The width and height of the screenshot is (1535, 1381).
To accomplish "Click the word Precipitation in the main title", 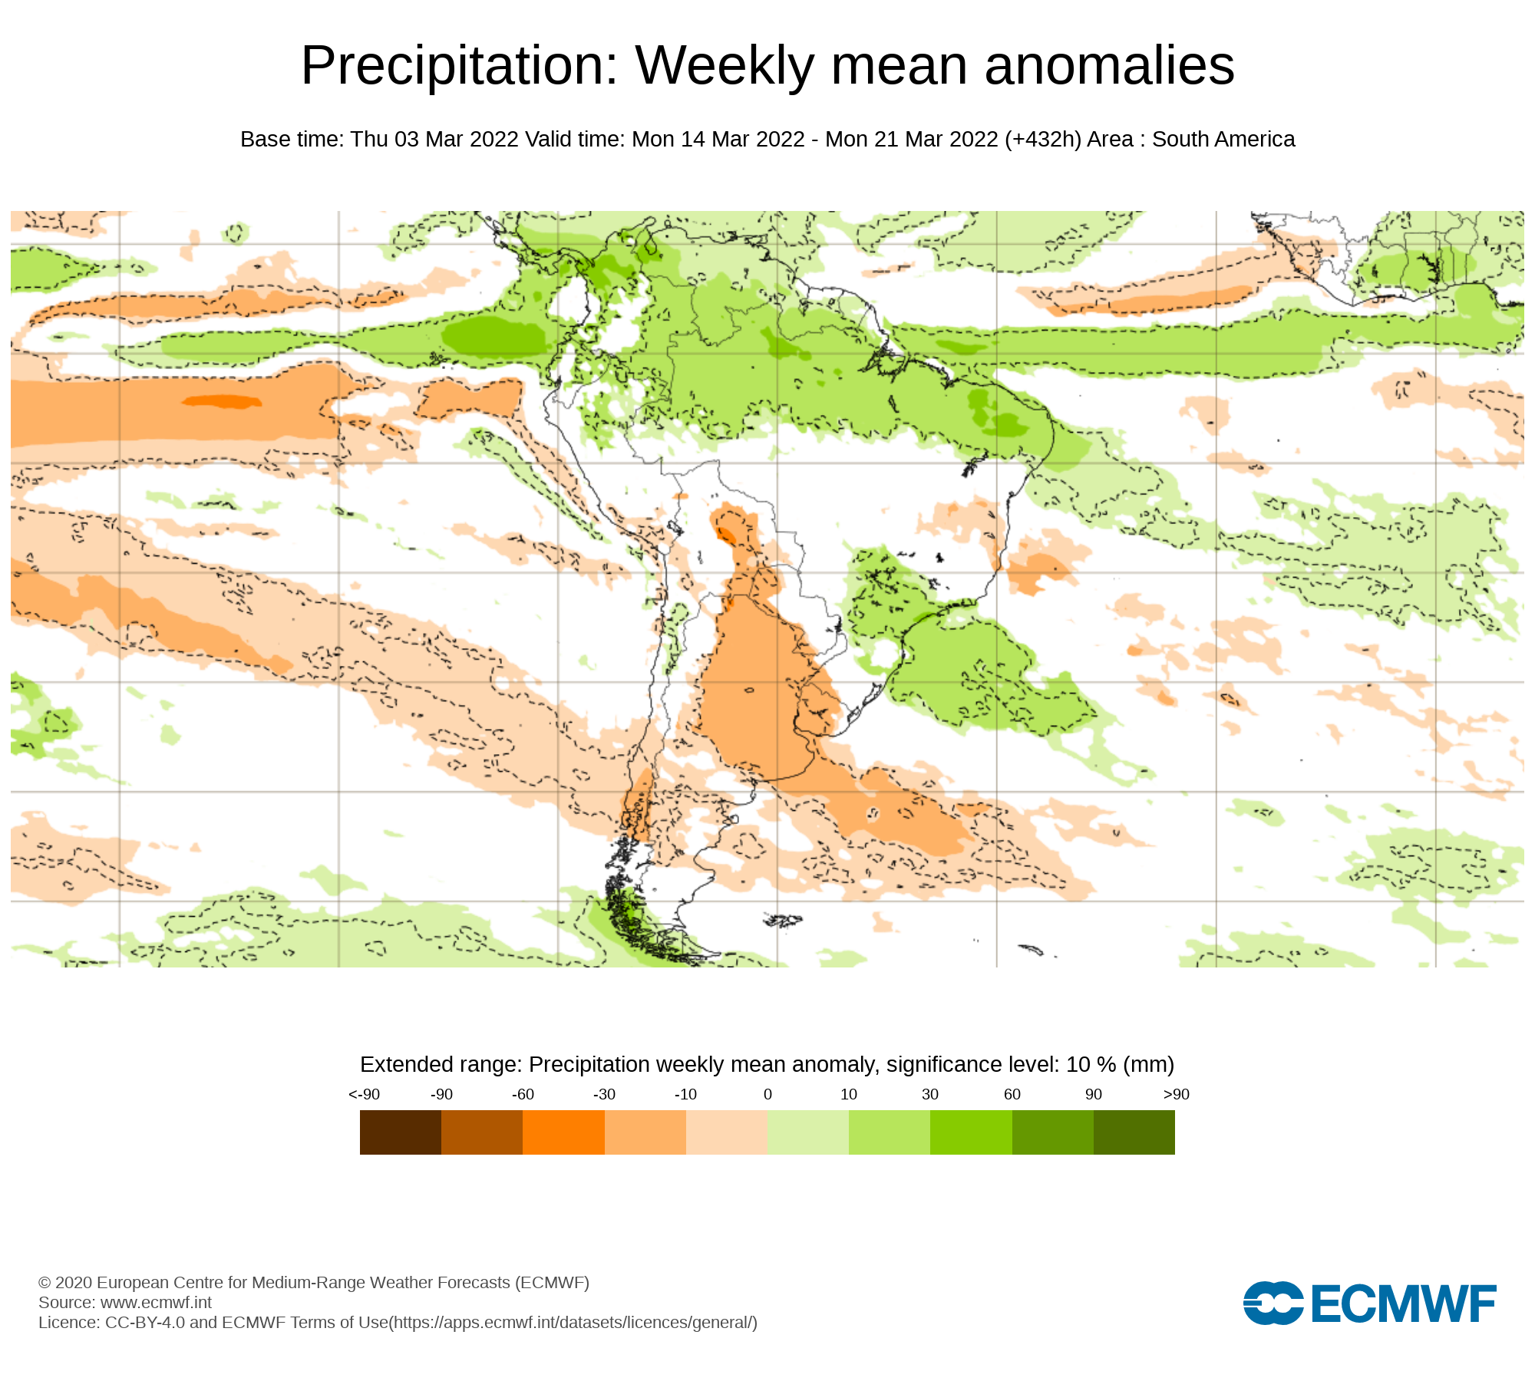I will tap(459, 66).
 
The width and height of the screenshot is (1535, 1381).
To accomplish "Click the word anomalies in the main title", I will tap(1109, 66).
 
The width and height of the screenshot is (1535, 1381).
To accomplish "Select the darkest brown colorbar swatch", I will tap(401, 1132).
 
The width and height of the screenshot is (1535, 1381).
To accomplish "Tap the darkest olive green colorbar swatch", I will tap(1134, 1132).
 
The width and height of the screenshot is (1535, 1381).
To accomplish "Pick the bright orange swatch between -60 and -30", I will tap(563, 1132).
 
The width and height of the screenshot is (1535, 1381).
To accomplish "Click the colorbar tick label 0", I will tap(767, 1094).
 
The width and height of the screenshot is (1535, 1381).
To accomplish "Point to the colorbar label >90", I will tap(1176, 1094).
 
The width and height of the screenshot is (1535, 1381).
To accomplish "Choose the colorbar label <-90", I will tap(364, 1094).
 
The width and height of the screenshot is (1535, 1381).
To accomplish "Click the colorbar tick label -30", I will tap(604, 1094).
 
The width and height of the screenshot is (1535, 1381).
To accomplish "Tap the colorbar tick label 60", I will tap(1012, 1094).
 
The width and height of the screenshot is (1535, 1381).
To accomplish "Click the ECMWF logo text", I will tap(1404, 1304).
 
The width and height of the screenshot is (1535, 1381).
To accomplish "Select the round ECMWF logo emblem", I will tap(1273, 1303).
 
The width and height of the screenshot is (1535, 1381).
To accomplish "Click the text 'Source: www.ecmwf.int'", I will tap(125, 1302).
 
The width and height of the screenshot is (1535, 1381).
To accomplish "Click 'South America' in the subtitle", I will tap(1223, 140).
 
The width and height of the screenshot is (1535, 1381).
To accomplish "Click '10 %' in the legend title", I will tap(1091, 1065).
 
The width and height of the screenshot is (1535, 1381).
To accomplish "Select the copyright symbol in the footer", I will tap(45, 1283).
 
